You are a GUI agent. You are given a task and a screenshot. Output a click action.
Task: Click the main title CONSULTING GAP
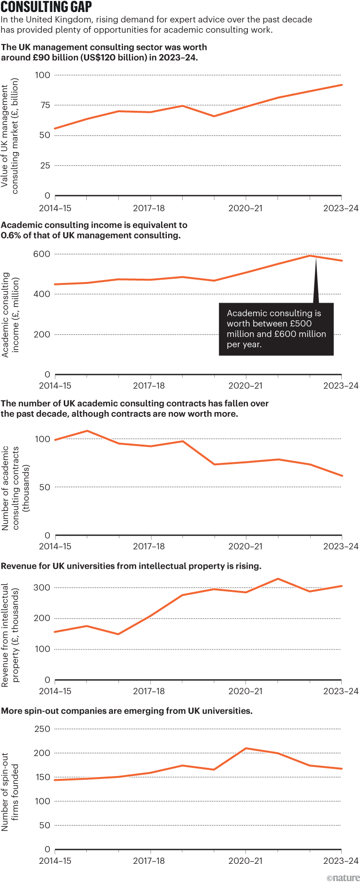coord(46,7)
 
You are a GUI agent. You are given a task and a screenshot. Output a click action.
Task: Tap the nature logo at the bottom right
coord(343,877)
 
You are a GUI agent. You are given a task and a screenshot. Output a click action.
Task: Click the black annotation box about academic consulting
coord(276,329)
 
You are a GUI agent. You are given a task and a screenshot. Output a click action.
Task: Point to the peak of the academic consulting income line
coord(310,256)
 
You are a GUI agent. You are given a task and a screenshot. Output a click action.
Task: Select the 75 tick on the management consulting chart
coord(45,105)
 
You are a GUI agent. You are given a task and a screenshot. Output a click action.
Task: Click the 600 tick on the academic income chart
coord(42,254)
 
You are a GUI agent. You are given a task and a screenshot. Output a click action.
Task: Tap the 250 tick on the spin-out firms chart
coord(42,729)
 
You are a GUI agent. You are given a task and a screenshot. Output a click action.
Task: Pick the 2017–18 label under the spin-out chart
coord(149,860)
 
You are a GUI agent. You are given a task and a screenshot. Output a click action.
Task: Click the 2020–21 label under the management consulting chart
coord(245,208)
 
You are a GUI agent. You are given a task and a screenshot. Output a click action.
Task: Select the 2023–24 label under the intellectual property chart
coord(340,691)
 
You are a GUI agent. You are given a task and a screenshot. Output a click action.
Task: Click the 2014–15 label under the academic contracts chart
coord(55,546)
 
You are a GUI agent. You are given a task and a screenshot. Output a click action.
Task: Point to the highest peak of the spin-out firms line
coord(246,748)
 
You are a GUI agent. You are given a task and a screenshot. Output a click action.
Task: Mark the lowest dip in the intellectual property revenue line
coord(118,634)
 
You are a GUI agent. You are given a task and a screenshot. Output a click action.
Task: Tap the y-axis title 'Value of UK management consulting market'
coord(10,136)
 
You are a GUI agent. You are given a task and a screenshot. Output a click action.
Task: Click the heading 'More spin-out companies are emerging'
coord(127,711)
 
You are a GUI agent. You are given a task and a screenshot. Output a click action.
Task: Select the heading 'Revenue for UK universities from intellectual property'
coord(131,566)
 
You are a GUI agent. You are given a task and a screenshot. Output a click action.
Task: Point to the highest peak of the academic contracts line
coord(87,431)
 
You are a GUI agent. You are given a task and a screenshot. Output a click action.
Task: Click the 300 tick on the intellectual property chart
coord(42,588)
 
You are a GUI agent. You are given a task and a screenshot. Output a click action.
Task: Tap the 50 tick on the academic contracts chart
coord(45,487)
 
